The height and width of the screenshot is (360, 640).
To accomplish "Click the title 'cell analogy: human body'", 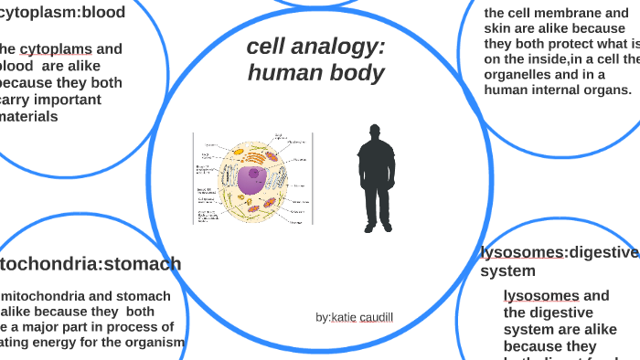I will (x=315, y=60).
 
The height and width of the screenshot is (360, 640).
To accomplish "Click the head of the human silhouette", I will (x=374, y=133).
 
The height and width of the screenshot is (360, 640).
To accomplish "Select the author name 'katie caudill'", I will (x=363, y=317).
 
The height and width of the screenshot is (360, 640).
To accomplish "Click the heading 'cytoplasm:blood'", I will (x=63, y=13).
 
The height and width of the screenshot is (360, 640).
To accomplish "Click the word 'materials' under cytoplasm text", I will (x=29, y=116).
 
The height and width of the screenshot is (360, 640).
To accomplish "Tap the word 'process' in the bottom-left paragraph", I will (x=114, y=326).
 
